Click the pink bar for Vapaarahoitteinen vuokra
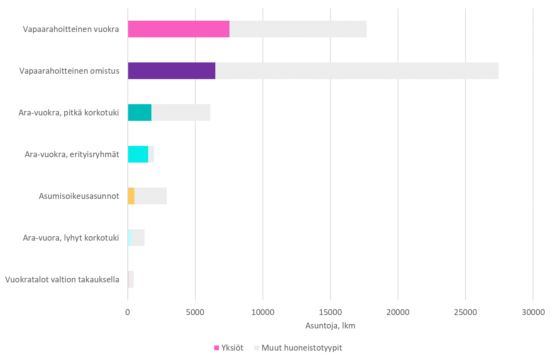[x=179, y=29]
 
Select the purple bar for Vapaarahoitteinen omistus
[x=171, y=71]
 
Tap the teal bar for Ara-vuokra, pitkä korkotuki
[x=140, y=112]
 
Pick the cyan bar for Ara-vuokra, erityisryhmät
[x=138, y=154]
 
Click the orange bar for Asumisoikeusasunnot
[x=131, y=196]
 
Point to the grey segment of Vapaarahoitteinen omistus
[x=357, y=71]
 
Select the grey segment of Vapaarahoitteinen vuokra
[x=298, y=29]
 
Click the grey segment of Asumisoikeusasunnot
[x=150, y=196]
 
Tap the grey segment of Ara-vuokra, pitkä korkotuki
[x=180, y=112]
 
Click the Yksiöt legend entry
[x=229, y=348]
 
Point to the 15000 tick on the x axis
[x=330, y=312]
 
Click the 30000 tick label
[x=533, y=312]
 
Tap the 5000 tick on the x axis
[x=195, y=312]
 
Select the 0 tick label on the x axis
[x=128, y=312]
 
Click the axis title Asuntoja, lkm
[x=330, y=326]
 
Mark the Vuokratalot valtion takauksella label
[x=62, y=279]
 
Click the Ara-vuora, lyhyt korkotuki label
[x=71, y=238]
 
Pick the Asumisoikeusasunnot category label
[x=79, y=196]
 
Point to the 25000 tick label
[x=465, y=312]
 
